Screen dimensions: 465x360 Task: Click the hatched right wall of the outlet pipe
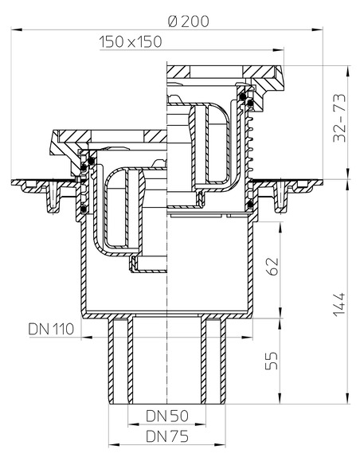click(217, 358)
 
